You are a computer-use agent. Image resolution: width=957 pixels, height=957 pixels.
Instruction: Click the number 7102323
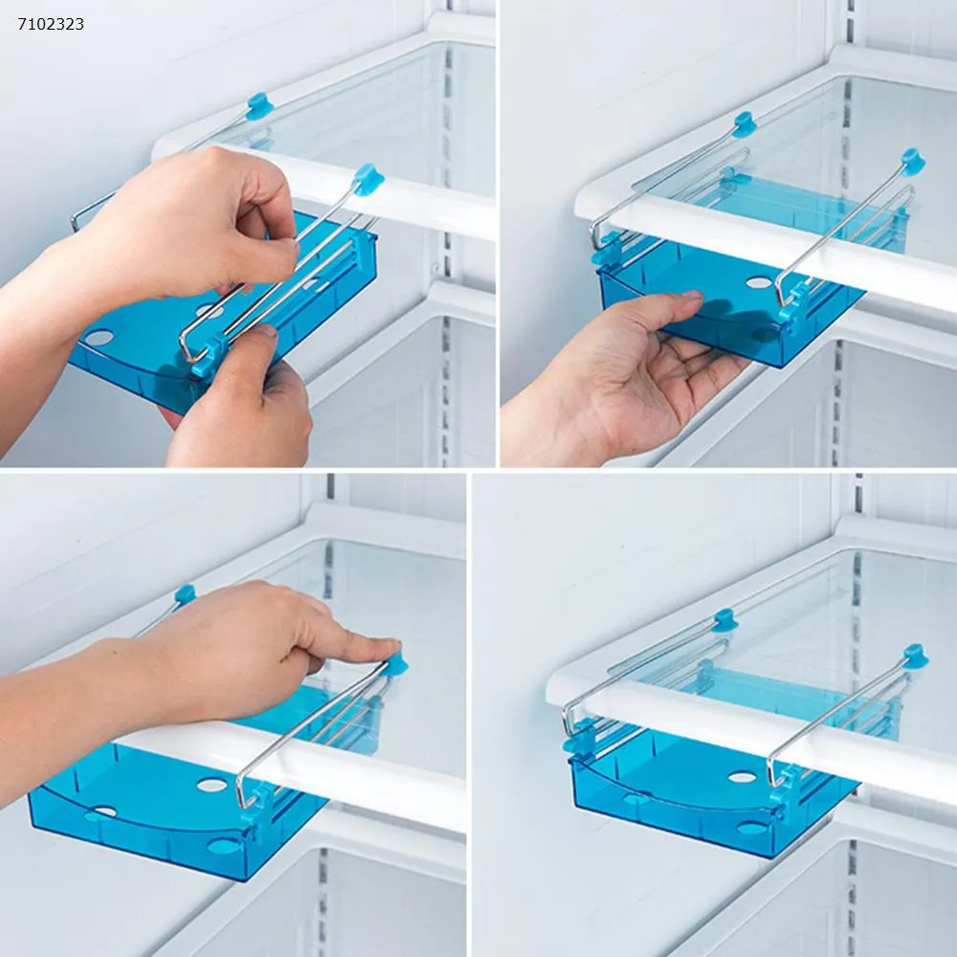tap(51, 24)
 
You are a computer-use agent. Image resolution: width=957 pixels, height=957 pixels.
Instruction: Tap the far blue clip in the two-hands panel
tap(259, 106)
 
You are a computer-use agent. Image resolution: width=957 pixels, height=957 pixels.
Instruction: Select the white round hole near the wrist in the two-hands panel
tap(99, 337)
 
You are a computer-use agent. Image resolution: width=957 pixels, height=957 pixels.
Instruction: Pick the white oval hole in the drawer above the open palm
tap(759, 282)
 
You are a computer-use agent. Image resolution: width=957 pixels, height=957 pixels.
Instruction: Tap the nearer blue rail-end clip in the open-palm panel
tap(912, 162)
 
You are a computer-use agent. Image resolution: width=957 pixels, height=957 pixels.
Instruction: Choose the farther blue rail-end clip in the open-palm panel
tap(745, 124)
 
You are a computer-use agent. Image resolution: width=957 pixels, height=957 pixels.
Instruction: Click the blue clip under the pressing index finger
tap(397, 664)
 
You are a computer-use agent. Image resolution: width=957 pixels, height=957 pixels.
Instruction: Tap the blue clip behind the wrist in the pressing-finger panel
tap(185, 594)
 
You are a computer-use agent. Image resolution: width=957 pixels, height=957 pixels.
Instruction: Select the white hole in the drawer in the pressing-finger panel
tap(211, 785)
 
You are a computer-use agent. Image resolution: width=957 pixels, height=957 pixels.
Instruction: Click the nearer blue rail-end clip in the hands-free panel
tap(916, 657)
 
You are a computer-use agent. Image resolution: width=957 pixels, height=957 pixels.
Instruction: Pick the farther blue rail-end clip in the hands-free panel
tap(725, 621)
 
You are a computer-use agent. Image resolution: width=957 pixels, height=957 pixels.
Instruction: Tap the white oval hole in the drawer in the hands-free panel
tap(743, 777)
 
